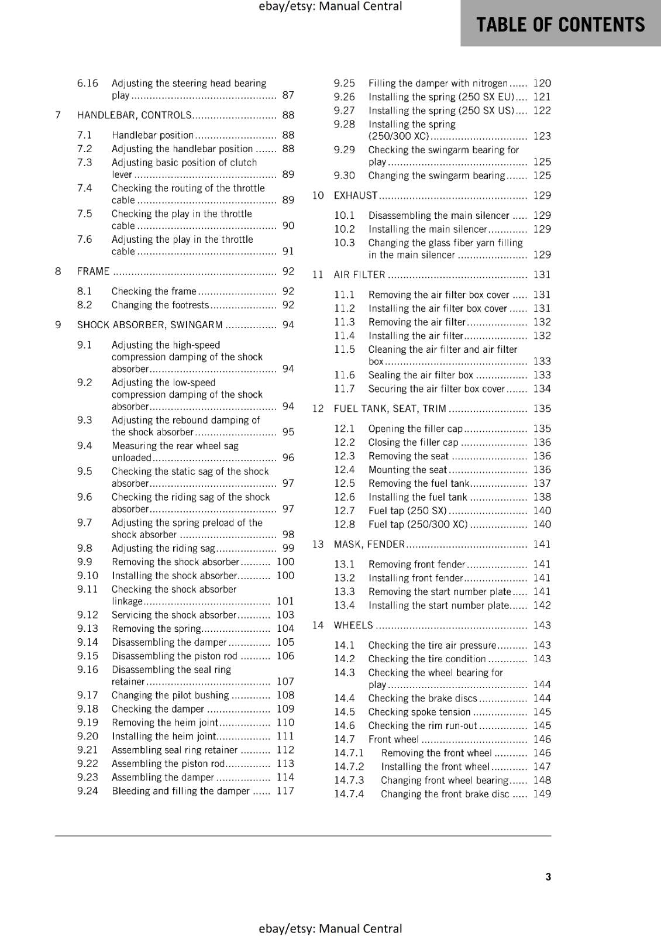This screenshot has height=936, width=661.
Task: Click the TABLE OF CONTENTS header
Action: tap(560, 25)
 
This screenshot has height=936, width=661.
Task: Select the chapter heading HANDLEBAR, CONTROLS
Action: tap(134, 115)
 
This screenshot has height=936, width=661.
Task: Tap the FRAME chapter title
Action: tap(94, 271)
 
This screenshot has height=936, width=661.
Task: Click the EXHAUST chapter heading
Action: tap(356, 195)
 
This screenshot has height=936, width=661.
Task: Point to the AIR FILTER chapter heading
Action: tap(359, 275)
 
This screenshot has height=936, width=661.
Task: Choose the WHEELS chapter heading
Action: tap(353, 625)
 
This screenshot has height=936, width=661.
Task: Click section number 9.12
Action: tap(88, 615)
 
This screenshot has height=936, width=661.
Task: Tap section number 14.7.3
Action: tap(349, 780)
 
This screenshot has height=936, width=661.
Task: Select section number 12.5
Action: tap(345, 483)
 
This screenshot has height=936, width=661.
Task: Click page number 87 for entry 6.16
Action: tap(288, 95)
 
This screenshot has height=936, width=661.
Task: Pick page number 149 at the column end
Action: tap(542, 794)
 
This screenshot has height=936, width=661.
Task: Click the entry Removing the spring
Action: tap(156, 629)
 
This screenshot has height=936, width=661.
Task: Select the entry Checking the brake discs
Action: tap(422, 698)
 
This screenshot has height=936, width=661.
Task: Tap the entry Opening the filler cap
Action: tap(415, 429)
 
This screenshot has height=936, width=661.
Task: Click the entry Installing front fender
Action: tap(415, 578)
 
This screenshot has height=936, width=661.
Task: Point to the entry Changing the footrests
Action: tap(160, 305)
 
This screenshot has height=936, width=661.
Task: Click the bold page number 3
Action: tap(548, 877)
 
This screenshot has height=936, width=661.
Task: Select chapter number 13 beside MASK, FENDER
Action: tap(318, 545)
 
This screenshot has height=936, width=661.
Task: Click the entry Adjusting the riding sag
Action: tap(163, 549)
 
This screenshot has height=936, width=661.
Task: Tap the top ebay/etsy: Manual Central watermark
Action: tap(330, 6)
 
